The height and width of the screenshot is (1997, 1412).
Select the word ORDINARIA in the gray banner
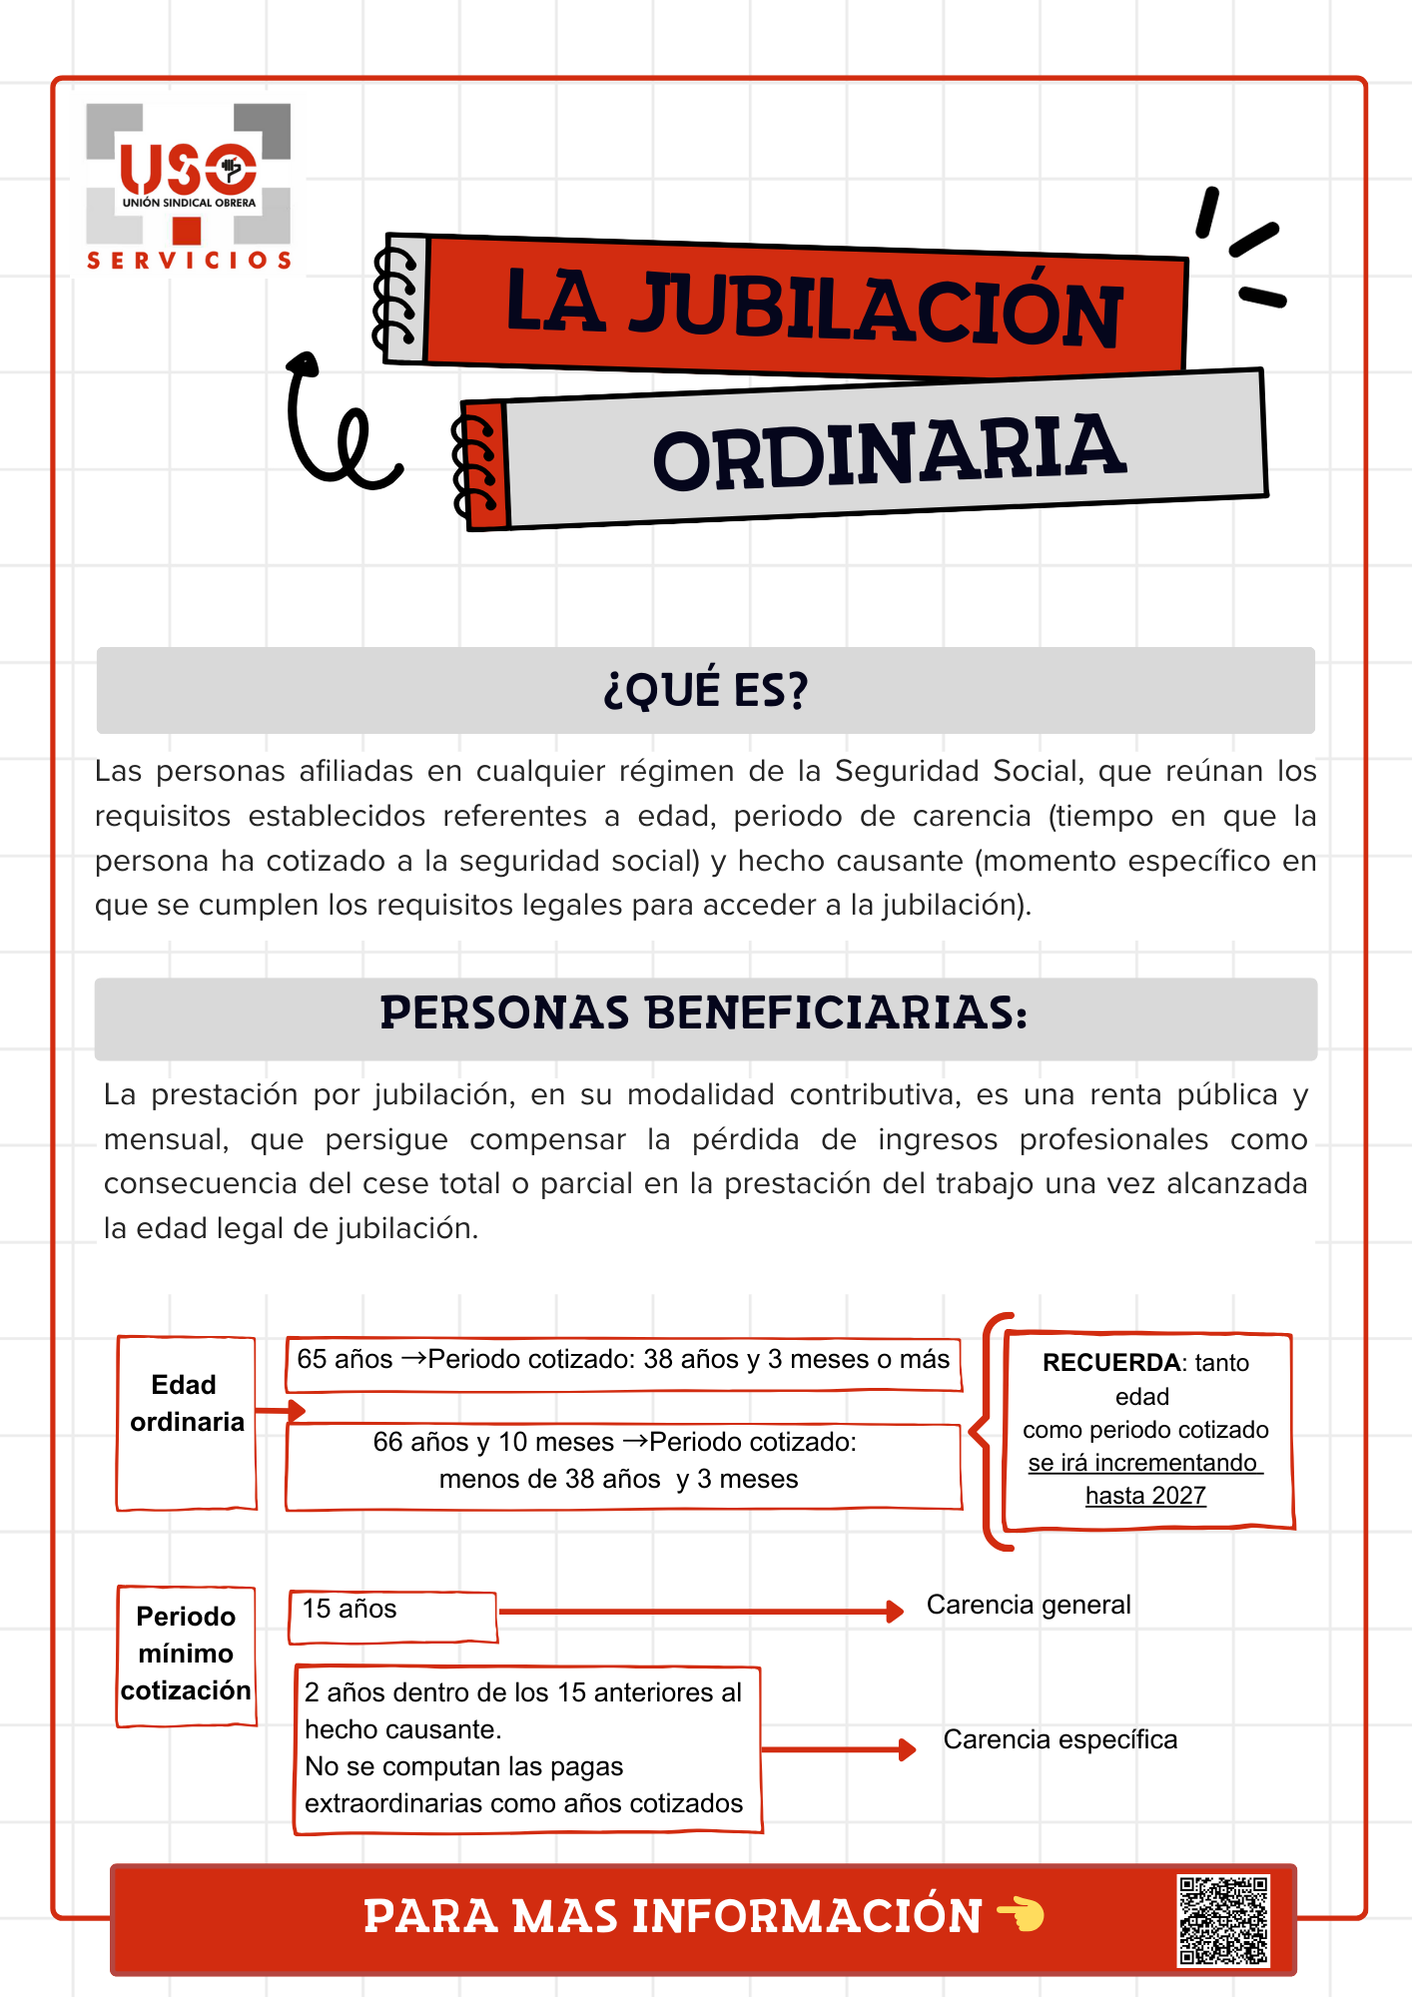pyautogui.click(x=889, y=453)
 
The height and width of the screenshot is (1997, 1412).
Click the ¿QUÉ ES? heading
pyautogui.click(x=705, y=690)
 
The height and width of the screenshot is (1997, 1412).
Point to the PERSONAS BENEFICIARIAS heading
pyautogui.click(x=704, y=1013)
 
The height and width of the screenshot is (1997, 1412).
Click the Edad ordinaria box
pyautogui.click(x=187, y=1422)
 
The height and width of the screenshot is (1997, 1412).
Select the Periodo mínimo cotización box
pyautogui.click(x=186, y=1654)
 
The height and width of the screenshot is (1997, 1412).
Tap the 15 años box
pyautogui.click(x=391, y=1616)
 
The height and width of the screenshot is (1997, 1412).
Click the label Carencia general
pyautogui.click(x=1029, y=1605)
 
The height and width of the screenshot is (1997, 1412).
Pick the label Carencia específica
pyautogui.click(x=1060, y=1739)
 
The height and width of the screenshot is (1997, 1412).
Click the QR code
pyautogui.click(x=1223, y=1920)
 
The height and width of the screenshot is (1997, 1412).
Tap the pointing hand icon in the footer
pyautogui.click(x=1021, y=1914)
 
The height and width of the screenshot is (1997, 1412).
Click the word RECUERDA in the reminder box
pyautogui.click(x=1110, y=1363)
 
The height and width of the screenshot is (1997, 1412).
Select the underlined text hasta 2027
pyautogui.click(x=1145, y=1496)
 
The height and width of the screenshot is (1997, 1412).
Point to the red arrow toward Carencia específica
pyautogui.click(x=839, y=1749)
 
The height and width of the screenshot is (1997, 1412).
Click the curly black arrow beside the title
pyautogui.click(x=335, y=424)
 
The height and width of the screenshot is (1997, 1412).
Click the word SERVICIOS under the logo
pyautogui.click(x=189, y=261)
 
